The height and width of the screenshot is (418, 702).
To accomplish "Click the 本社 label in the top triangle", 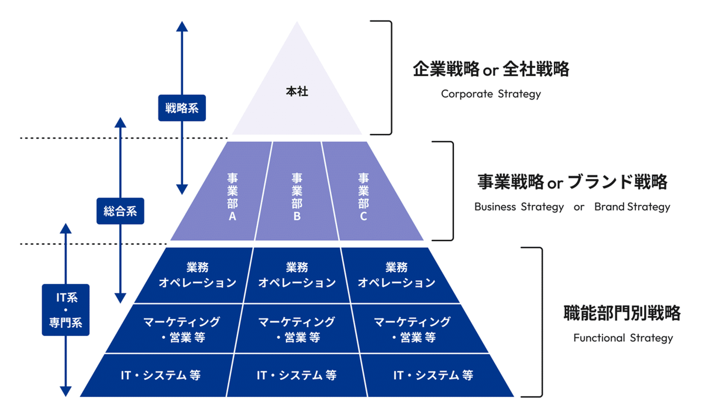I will click(296, 91).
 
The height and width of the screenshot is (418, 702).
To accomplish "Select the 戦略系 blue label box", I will click(182, 108).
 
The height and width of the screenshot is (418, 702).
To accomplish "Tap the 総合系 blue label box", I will click(120, 211).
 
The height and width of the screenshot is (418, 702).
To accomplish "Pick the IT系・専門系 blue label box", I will click(66, 310).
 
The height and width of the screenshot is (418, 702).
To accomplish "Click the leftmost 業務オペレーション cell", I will click(197, 275).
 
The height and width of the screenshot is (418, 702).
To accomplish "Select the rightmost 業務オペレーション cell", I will click(396, 275).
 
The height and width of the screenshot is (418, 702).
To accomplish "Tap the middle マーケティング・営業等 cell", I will click(297, 329).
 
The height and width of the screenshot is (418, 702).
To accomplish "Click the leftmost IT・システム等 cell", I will click(160, 375).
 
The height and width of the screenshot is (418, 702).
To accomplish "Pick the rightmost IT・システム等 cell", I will click(433, 375).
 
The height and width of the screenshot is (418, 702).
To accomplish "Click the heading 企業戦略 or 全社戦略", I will click(491, 69).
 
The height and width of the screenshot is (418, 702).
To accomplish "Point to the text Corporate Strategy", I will click(491, 94).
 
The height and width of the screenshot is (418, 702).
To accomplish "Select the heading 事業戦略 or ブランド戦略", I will click(572, 182).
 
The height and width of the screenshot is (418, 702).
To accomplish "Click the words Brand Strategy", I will click(632, 207).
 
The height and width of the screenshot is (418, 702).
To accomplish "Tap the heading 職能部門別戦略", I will click(622, 313).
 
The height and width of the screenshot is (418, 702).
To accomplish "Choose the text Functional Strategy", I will click(623, 338).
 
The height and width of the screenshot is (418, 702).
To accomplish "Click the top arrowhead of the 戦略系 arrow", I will click(182, 26).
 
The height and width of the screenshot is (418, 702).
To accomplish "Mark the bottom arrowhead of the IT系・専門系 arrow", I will click(66, 391).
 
